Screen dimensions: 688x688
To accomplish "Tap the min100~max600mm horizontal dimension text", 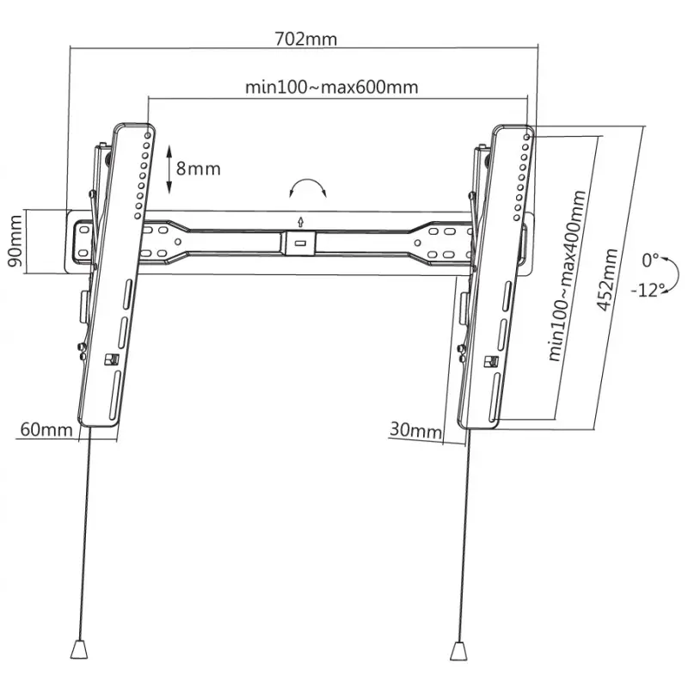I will [332, 88].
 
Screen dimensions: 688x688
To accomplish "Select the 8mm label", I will [199, 168].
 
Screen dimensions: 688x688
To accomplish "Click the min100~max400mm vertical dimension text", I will [568, 276].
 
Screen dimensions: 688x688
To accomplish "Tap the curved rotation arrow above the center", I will [306, 190].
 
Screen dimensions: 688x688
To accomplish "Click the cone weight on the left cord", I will [79, 647].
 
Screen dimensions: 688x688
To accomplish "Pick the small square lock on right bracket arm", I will [492, 362].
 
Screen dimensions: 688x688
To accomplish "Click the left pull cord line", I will [83, 533].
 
